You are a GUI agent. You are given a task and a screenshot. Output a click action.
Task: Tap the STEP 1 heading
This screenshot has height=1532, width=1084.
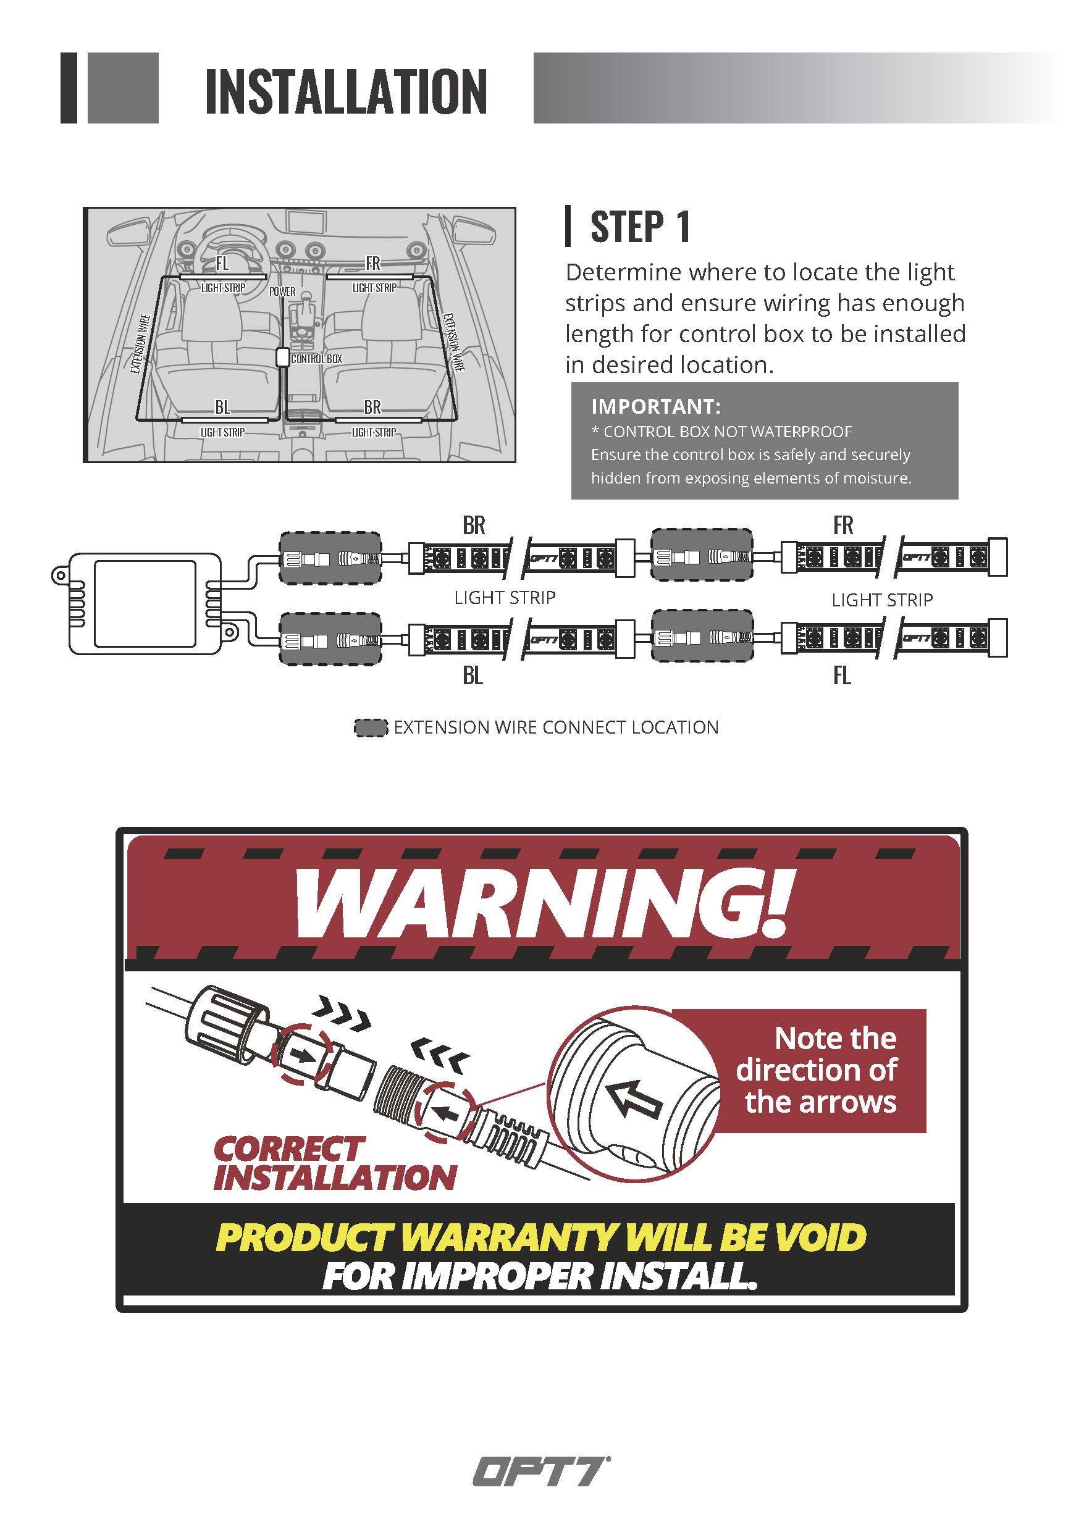[x=640, y=227]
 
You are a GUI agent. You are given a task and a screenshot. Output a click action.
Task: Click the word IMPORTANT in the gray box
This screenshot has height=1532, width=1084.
[x=654, y=406]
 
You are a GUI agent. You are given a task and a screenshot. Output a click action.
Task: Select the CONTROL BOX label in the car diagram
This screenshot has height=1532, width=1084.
[x=316, y=359]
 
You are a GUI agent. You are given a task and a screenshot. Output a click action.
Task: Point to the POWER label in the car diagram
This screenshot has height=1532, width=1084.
[x=282, y=291]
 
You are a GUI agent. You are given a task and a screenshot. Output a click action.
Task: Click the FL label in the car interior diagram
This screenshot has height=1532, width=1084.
[x=222, y=264]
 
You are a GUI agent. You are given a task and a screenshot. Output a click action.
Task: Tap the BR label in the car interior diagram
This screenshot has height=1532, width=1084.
[x=372, y=407]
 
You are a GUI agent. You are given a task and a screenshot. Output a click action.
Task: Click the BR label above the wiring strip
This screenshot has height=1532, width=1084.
[x=474, y=525]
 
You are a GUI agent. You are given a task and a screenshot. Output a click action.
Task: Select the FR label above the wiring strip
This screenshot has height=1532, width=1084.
[x=843, y=525]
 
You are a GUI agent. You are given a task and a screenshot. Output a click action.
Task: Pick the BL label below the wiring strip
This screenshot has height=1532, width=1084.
[x=473, y=676]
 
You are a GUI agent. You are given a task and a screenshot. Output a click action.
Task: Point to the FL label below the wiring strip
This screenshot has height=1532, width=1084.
[x=842, y=676]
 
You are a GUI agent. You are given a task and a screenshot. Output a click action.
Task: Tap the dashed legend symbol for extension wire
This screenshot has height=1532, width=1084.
[x=371, y=728]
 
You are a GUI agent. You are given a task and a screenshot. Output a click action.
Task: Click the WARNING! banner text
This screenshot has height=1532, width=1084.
[x=545, y=903]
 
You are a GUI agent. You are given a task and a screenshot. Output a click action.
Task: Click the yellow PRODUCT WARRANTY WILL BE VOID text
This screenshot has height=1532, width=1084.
[x=541, y=1237]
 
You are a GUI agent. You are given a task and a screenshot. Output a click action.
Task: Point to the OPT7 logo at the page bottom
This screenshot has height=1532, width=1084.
[x=541, y=1471]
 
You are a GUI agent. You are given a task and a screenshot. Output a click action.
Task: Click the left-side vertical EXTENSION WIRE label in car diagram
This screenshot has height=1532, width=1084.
[x=140, y=343]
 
